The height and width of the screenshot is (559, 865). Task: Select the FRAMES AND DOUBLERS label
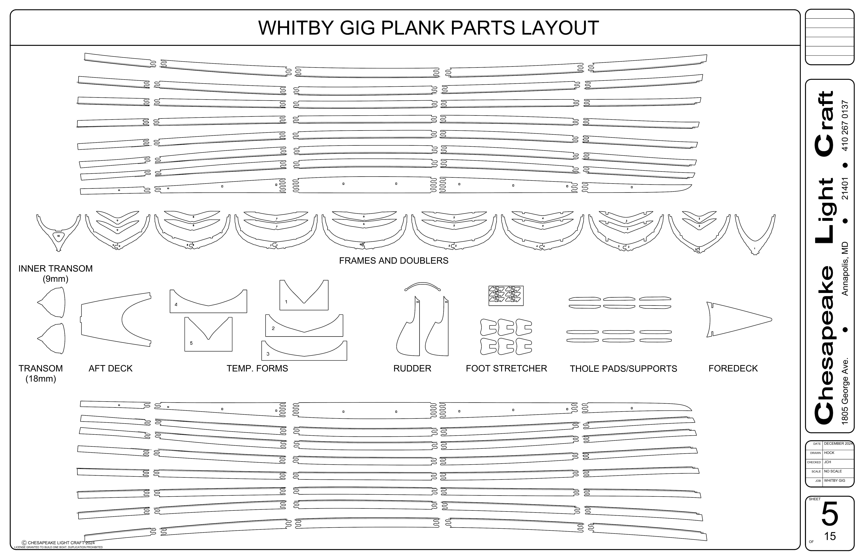pyautogui.click(x=394, y=261)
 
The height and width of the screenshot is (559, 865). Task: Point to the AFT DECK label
pyautogui.click(x=110, y=368)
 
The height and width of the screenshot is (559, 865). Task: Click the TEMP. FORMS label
pyautogui.click(x=257, y=368)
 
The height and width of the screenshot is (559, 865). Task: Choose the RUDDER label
pyautogui.click(x=412, y=368)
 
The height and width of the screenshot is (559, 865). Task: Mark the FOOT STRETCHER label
pyautogui.click(x=506, y=368)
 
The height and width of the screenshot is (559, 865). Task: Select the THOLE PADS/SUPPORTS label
pyautogui.click(x=623, y=369)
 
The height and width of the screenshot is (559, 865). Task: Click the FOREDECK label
pyautogui.click(x=733, y=368)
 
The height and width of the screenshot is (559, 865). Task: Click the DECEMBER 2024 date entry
pyautogui.click(x=838, y=444)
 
